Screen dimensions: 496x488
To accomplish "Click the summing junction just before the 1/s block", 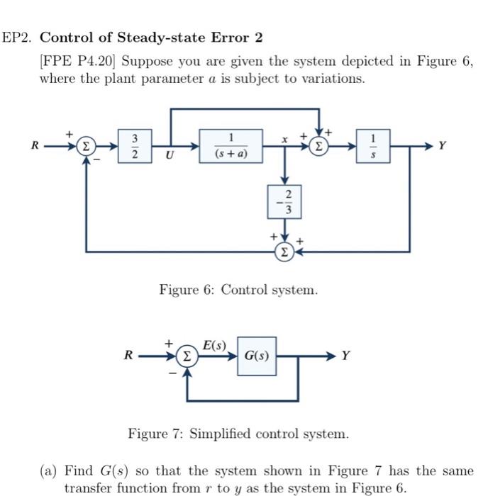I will click(321, 147).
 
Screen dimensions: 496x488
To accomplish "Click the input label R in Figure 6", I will click(33, 146).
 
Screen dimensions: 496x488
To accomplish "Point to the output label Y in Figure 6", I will click(442, 146).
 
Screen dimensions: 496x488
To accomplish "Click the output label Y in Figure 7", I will click(345, 355).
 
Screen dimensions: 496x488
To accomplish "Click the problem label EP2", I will click(15, 37).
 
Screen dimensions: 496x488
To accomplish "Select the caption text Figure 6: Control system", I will click(238, 290).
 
